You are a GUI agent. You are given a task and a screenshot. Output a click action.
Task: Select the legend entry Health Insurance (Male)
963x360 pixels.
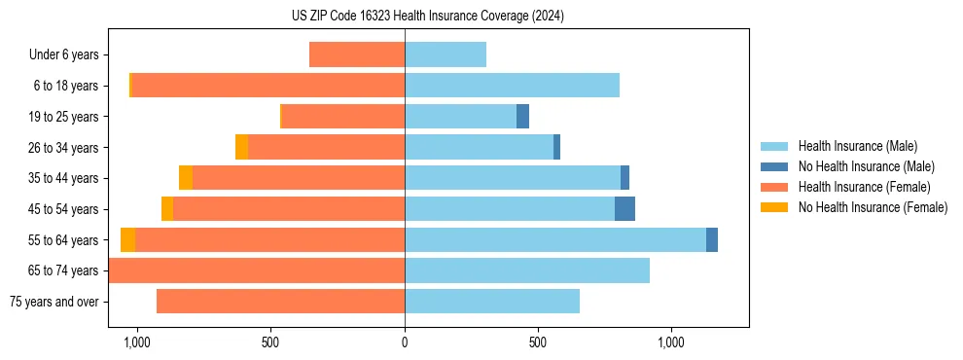pyautogui.click(x=856, y=146)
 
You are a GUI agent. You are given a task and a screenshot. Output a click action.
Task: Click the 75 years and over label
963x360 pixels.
pyautogui.click(x=53, y=302)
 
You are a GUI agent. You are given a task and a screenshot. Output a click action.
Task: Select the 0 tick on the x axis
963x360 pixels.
pyautogui.click(x=405, y=342)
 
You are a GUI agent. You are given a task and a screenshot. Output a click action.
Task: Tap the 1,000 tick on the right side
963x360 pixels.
pyautogui.click(x=672, y=342)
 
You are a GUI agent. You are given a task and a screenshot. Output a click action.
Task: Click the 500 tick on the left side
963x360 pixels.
pyautogui.click(x=270, y=342)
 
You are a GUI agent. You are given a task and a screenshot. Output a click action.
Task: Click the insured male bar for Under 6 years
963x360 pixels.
pyautogui.click(x=446, y=54)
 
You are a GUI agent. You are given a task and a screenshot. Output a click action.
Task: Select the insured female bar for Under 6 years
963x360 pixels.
pyautogui.click(x=357, y=54)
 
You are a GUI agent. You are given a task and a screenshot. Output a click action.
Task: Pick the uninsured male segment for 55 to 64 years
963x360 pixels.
pyautogui.click(x=712, y=239)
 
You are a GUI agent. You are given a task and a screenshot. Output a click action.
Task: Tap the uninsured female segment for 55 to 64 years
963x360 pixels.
pyautogui.click(x=127, y=239)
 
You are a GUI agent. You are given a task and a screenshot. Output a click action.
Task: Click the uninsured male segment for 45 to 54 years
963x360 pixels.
pyautogui.click(x=624, y=208)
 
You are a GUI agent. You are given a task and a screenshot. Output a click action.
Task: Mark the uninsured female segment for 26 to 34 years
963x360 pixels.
pyautogui.click(x=241, y=147)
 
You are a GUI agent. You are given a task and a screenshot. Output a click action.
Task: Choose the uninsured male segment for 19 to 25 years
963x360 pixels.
pyautogui.click(x=522, y=116)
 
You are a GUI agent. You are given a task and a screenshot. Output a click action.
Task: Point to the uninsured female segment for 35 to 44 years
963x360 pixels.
pyautogui.click(x=186, y=178)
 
